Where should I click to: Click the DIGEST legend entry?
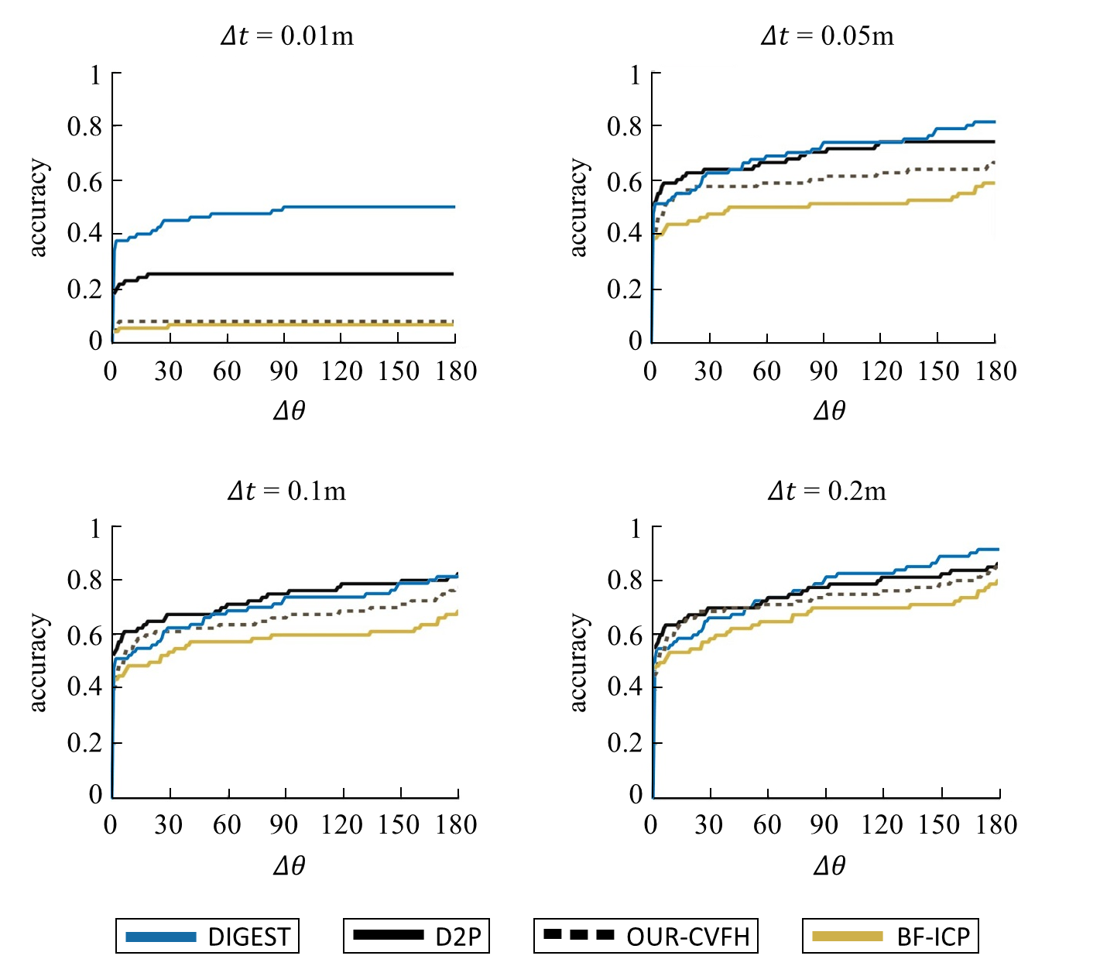pos(207,937)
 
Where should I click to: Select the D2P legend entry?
pos(416,937)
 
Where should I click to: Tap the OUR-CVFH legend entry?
pos(646,937)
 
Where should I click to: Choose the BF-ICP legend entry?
pos(890,937)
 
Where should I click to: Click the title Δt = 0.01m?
pos(287,36)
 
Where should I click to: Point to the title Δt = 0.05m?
pos(828,36)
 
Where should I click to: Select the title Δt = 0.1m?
pos(287,492)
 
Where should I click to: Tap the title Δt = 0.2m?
pos(828,492)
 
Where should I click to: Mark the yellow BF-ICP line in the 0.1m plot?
pos(310,635)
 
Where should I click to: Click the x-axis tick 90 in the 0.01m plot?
pos(284,372)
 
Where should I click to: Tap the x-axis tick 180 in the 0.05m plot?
pos(995,372)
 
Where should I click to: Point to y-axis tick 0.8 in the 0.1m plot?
pos(84,581)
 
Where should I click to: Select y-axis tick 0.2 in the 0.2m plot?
pos(625,743)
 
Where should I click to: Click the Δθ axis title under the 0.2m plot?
pos(829,865)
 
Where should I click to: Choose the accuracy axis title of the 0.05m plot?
pos(578,207)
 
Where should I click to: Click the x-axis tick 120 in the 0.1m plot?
pos(342,825)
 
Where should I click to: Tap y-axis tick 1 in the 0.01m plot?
pos(94,75)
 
